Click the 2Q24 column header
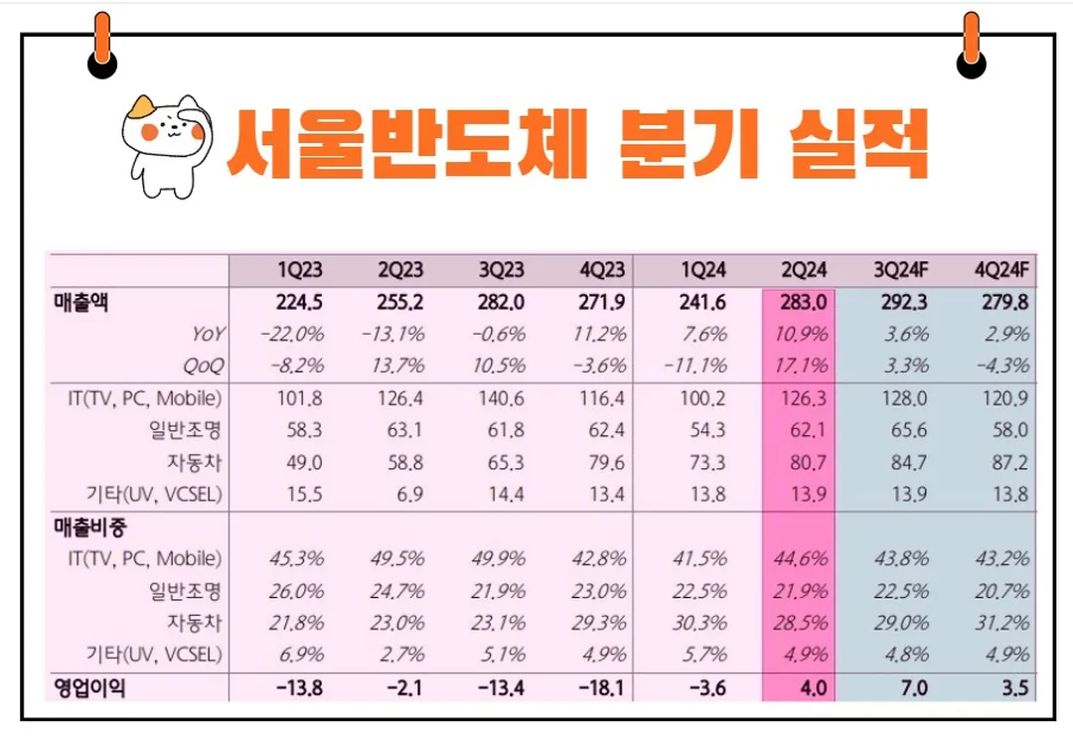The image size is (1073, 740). [x=801, y=270]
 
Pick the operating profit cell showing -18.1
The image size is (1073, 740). [x=603, y=687]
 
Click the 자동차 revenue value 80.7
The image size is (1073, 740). [x=801, y=462]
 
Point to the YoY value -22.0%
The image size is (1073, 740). [x=292, y=335]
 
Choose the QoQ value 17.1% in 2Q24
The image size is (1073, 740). [x=800, y=366]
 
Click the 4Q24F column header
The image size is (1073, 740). [x=1001, y=270]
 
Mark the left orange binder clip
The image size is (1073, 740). [x=101, y=45]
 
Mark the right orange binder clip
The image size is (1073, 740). [x=971, y=45]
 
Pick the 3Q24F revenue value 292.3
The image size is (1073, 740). [x=903, y=303]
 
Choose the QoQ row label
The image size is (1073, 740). [x=203, y=366]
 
